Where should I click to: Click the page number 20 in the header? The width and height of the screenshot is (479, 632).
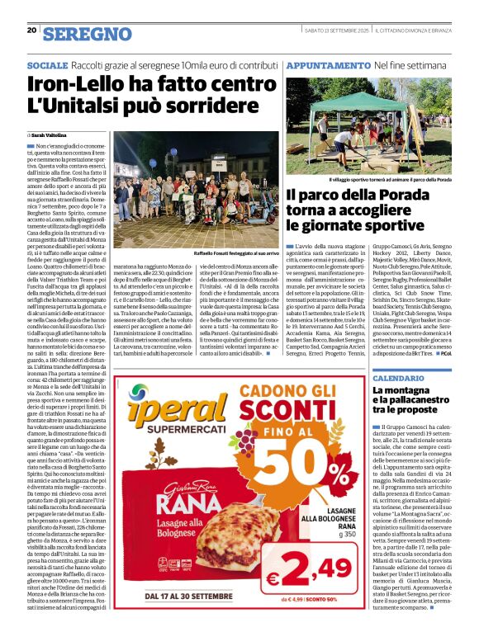click(31, 31)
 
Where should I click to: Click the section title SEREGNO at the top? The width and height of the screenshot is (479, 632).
click(87, 34)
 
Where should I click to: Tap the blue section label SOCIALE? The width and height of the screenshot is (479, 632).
click(48, 64)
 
